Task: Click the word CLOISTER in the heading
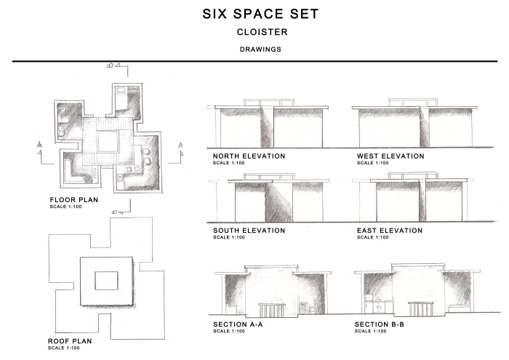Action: [x=262, y=32]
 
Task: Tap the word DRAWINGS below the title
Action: [x=260, y=49]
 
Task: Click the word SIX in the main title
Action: [x=215, y=14]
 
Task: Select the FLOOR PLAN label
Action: [x=74, y=200]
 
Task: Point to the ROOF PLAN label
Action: [x=70, y=341]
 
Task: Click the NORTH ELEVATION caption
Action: [x=249, y=156]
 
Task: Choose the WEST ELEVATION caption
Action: [x=390, y=156]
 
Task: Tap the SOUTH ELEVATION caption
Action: [x=249, y=231]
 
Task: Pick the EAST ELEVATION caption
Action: [x=390, y=231]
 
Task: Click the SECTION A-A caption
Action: [x=238, y=324]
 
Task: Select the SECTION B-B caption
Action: [x=379, y=324]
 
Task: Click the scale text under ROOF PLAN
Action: [x=64, y=348]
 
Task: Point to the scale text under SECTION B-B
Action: [x=370, y=331]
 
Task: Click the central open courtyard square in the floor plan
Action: [x=108, y=141]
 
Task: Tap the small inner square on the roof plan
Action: [x=106, y=281]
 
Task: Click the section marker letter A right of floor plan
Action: [x=180, y=145]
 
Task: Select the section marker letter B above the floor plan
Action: [x=110, y=65]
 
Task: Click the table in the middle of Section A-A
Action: [x=272, y=310]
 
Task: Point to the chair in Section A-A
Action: [x=313, y=307]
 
